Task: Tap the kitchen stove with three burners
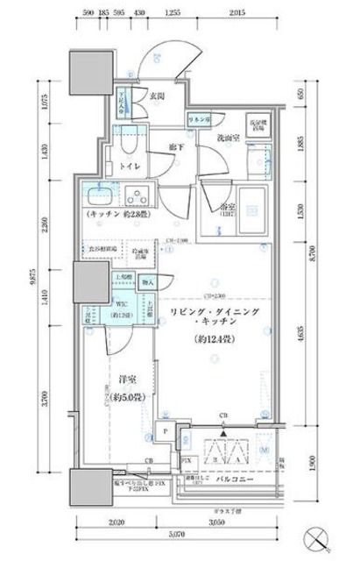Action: pyautogui.click(x=137, y=195)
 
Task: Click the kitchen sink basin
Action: pyautogui.click(x=97, y=194)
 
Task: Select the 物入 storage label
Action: pyautogui.click(x=147, y=281)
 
